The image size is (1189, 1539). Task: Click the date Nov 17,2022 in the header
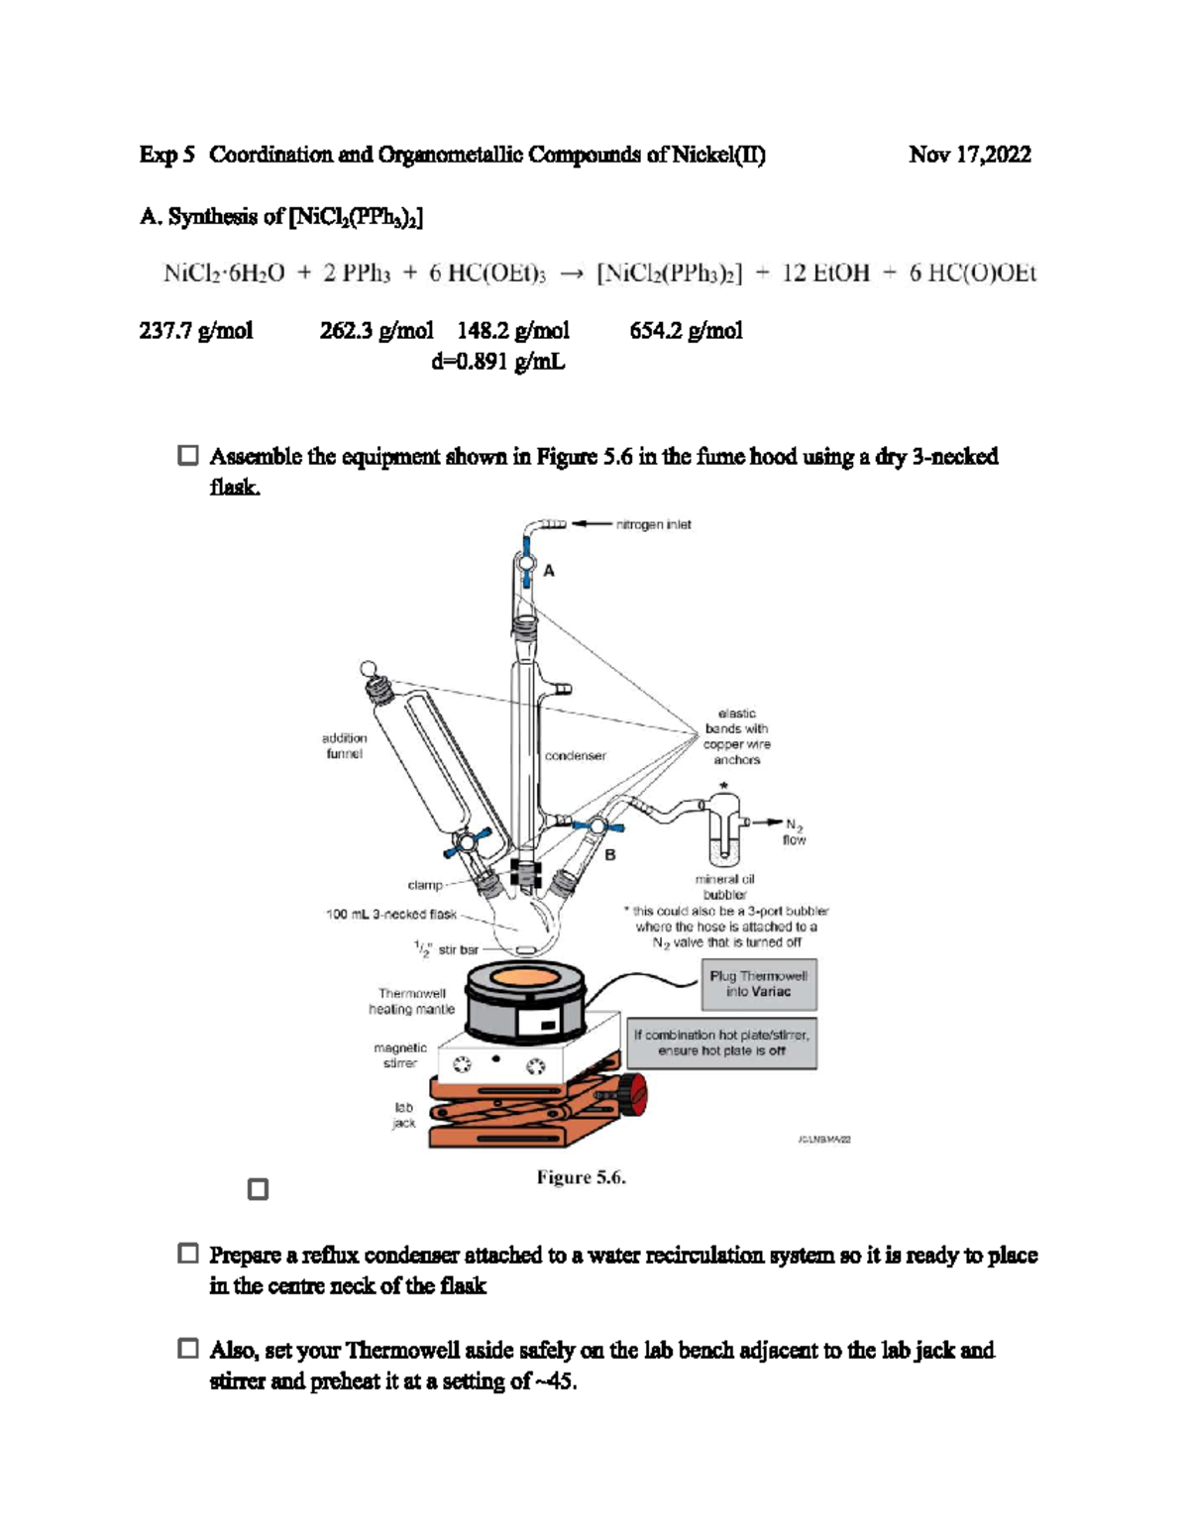pos(969,155)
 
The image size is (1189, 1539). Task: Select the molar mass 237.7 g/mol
pos(196,331)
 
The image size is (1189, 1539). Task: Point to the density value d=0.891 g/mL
pos(497,362)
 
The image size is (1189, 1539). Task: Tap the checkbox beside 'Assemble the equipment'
pos(188,456)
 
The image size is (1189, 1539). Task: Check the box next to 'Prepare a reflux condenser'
pos(188,1254)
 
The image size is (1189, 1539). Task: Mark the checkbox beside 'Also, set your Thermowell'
pos(188,1349)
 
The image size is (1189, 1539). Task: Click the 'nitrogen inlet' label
pos(653,524)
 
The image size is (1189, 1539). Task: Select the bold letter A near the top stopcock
pos(549,571)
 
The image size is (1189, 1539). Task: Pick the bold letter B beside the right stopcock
pos(610,854)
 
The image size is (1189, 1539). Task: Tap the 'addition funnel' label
pos(344,746)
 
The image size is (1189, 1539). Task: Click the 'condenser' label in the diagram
pos(575,756)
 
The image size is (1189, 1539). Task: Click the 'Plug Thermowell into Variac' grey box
pos(758,983)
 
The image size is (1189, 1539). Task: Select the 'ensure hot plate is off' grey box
pos(721,1043)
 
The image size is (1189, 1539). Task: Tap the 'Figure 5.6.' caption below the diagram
pos(581,1177)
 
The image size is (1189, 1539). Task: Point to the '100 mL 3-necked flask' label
pos(391,914)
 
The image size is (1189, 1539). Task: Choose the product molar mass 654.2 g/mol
pos(686,331)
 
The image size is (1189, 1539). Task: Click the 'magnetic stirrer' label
pos(400,1055)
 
